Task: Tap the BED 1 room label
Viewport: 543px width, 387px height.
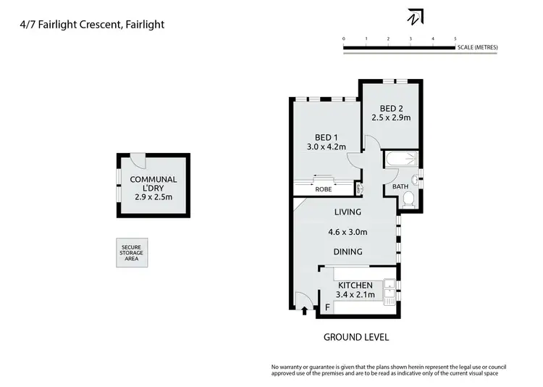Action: pos(326,138)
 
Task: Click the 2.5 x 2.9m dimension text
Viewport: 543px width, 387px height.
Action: pos(391,117)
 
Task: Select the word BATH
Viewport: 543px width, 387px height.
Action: pos(400,186)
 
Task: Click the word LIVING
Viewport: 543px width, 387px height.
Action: pos(348,212)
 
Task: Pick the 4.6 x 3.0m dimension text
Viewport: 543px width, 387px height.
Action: pos(348,233)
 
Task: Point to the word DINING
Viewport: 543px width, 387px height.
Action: pos(348,251)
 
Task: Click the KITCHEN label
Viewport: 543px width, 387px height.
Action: pos(355,286)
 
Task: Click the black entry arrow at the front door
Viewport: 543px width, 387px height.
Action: pos(305,312)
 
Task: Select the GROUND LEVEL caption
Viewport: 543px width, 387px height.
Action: pos(355,337)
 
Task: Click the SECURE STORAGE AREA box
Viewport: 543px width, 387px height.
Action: pos(132,253)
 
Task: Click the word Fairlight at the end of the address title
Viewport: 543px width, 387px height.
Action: pos(144,24)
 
